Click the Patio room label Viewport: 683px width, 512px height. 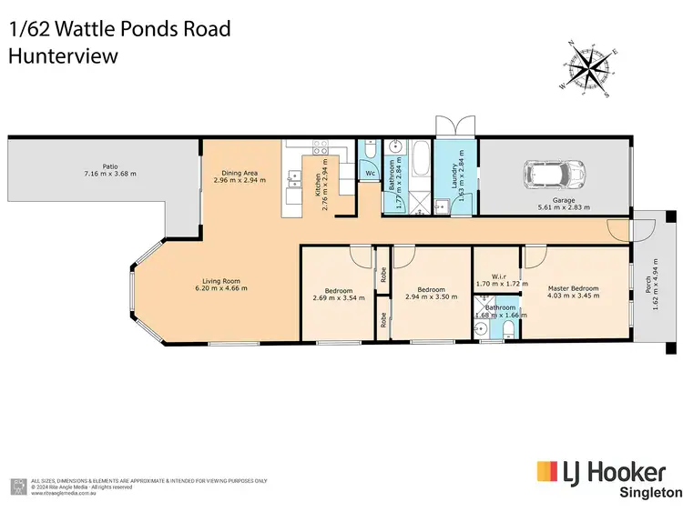click(109, 166)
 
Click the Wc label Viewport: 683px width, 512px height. click(370, 173)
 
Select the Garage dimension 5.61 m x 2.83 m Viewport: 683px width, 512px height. click(564, 207)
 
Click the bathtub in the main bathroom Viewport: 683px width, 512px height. click(420, 162)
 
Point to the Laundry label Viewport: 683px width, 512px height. click(454, 177)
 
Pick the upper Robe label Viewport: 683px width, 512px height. click(384, 276)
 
